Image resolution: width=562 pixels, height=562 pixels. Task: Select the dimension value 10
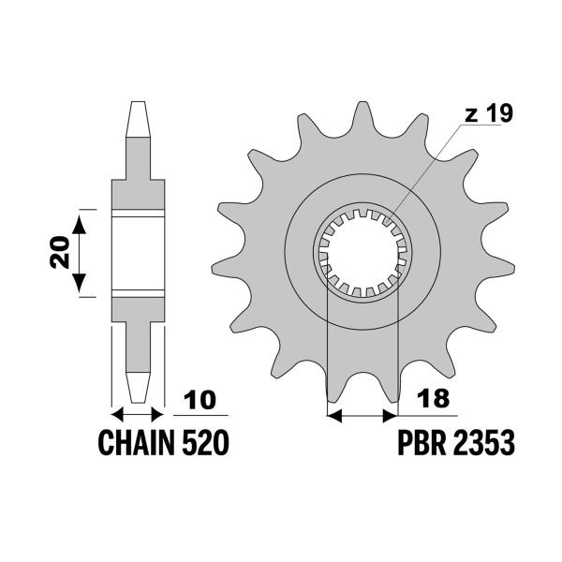click(x=207, y=402)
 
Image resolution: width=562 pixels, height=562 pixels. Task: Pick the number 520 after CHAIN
click(x=206, y=442)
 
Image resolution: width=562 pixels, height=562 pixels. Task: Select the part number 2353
click(x=484, y=442)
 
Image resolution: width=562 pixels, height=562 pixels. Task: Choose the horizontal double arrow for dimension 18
click(x=362, y=413)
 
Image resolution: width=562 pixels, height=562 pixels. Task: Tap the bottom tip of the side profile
click(x=138, y=393)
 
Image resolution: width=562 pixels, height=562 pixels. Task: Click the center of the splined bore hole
click(x=362, y=251)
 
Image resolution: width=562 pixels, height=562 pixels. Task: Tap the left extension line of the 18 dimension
click(x=327, y=356)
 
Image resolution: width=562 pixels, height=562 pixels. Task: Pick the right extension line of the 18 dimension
click(x=399, y=356)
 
